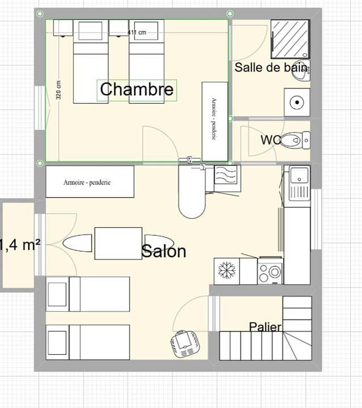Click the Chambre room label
[137, 90]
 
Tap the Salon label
[164, 251]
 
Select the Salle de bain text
[271, 67]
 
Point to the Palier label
[265, 326]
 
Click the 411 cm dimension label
[137, 32]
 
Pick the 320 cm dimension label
[59, 89]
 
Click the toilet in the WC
[293, 139]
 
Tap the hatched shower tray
[289, 39]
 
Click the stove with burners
[270, 271]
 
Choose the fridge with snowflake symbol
[227, 270]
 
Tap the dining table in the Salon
[118, 243]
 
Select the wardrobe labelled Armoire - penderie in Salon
[90, 182]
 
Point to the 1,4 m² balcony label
[20, 245]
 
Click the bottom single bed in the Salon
[88, 342]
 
